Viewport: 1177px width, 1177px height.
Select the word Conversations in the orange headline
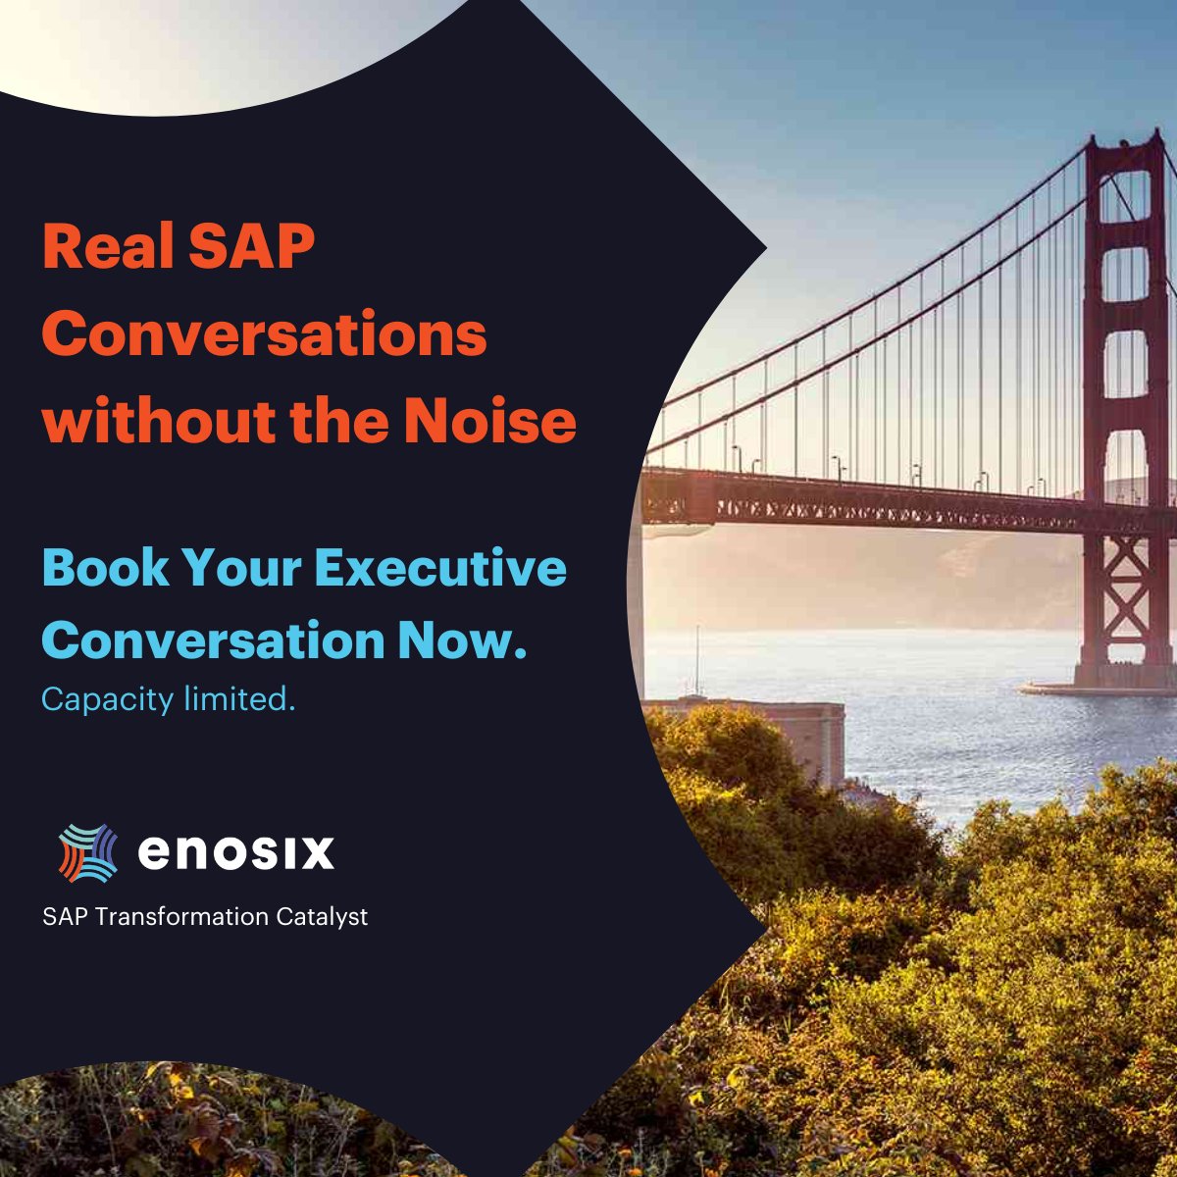[264, 334]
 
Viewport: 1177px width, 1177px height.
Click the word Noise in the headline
[489, 421]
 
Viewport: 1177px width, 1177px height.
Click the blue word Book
[102, 568]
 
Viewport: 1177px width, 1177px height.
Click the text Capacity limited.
[168, 699]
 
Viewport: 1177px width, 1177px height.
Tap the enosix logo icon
[88, 852]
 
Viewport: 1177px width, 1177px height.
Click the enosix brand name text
[235, 852]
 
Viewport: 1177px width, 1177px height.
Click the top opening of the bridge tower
[1124, 196]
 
